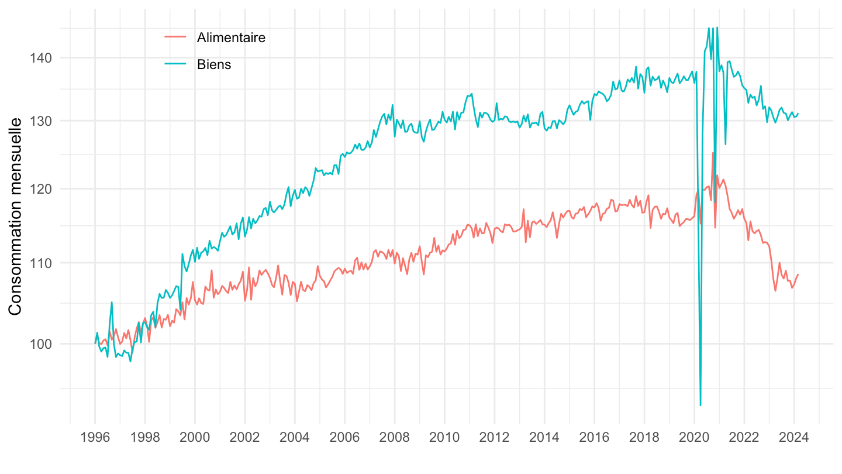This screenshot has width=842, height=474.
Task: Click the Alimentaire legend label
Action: coord(231,37)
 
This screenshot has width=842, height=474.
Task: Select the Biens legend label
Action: coord(214,64)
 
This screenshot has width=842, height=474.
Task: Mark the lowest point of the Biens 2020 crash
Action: coord(700,405)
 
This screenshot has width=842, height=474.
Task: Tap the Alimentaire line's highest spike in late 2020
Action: coord(713,153)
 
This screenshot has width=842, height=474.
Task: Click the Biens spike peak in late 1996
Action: coord(112,302)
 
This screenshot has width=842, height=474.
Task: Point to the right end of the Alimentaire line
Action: coord(798,274)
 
